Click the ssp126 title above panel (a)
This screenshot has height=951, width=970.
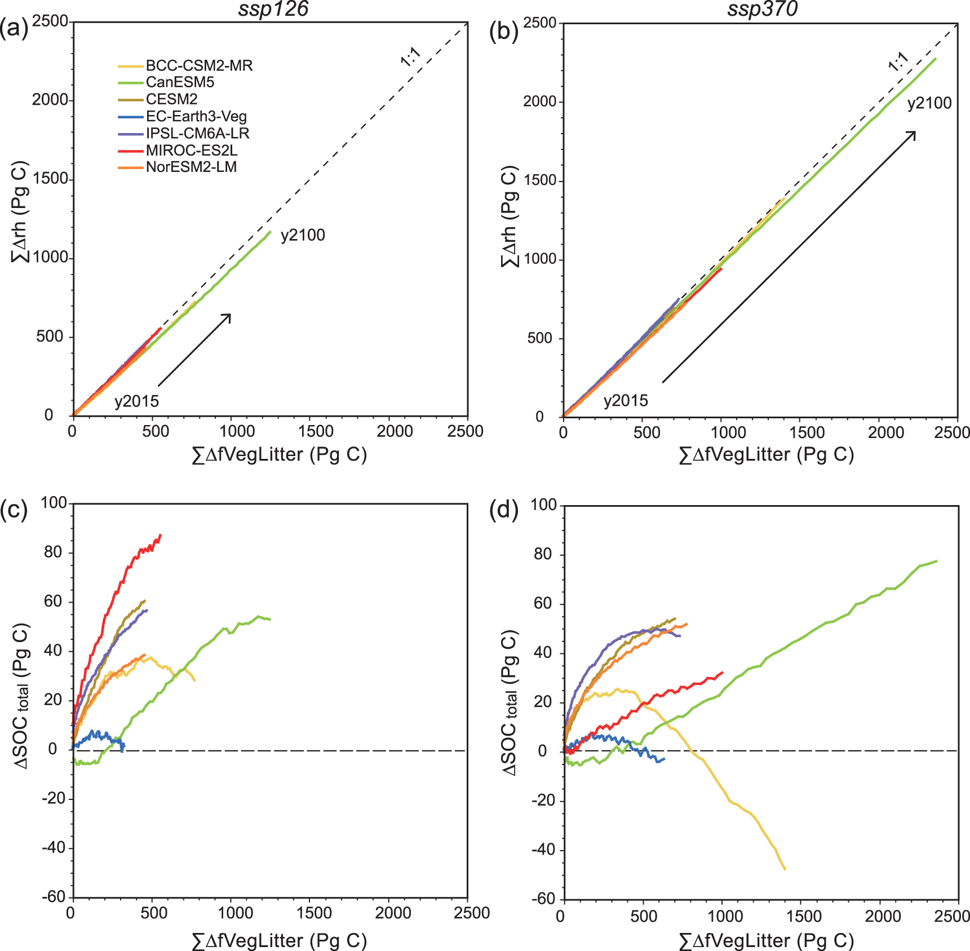[x=273, y=10]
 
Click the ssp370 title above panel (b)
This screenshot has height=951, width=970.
[x=763, y=10]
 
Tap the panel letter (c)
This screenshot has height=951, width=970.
[x=14, y=510]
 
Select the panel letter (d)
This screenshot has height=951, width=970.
[x=504, y=510]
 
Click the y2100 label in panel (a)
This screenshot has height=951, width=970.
[x=303, y=235]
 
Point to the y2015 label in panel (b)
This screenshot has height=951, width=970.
[x=626, y=401]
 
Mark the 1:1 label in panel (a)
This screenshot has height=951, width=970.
[x=410, y=57]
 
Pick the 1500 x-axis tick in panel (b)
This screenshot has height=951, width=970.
[x=807, y=432]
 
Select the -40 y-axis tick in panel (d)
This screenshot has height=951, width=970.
[x=543, y=850]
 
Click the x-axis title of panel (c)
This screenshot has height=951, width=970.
[x=280, y=940]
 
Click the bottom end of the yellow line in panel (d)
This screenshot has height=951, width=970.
[x=785, y=869]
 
